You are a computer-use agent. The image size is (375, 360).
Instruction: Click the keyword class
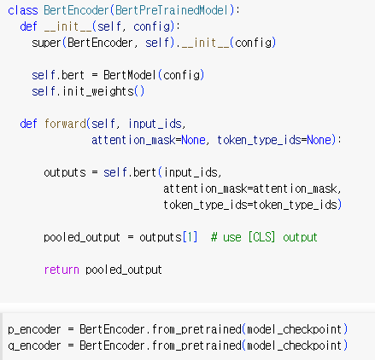pos(23,10)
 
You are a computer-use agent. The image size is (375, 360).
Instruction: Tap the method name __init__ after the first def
pos(68,26)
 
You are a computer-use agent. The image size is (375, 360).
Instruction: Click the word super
pos(46,44)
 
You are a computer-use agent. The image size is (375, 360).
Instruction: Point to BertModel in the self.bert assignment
pos(130,75)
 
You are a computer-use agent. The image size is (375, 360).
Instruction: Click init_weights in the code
pos(98,91)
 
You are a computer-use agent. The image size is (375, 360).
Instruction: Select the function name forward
pos(65,124)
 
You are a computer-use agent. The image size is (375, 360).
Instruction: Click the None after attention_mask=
pos(193,140)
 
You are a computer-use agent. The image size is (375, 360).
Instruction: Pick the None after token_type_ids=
pos(319,140)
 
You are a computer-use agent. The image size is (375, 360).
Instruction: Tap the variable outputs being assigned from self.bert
pos(65,173)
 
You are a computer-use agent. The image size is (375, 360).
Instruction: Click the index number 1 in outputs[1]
pos(190,237)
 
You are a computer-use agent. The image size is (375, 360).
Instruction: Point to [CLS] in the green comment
pos(261,237)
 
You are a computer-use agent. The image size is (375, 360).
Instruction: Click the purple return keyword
pos(62,270)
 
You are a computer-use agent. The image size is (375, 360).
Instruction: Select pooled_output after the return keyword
pos(124,270)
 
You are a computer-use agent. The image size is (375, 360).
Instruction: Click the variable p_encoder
pos(34,329)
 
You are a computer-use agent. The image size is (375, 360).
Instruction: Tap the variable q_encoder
pos(34,345)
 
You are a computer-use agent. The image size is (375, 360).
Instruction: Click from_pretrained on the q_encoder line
pos(196,345)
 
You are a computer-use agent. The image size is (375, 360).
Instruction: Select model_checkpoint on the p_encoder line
pos(295,329)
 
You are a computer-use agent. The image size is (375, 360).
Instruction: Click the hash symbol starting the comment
pos(214,237)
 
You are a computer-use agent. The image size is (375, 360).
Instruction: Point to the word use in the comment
pos(232,238)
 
